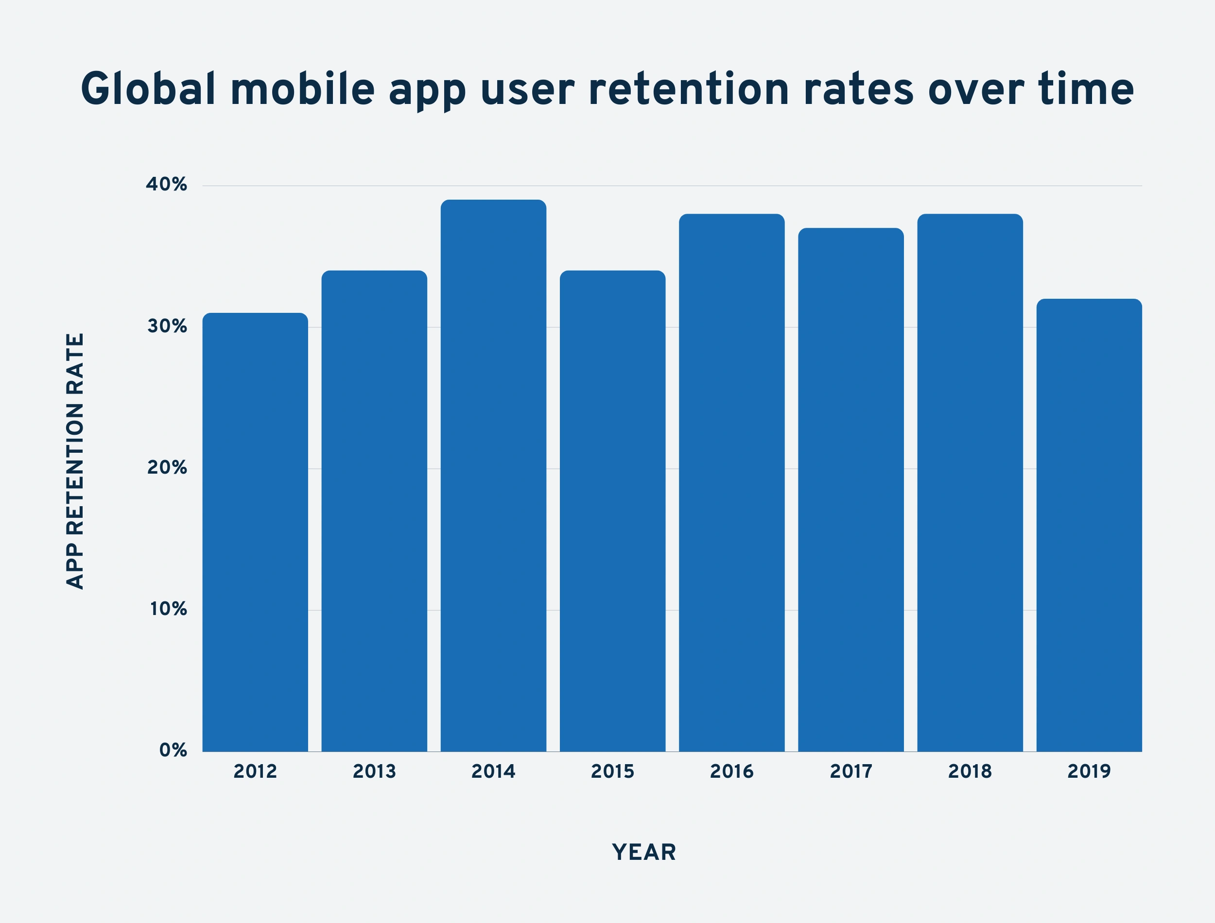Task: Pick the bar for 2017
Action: pos(850,489)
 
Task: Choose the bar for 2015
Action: pos(613,511)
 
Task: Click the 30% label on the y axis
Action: pos(167,326)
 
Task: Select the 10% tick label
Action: pos(168,609)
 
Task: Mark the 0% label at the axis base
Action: pos(173,750)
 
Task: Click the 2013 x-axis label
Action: pos(374,771)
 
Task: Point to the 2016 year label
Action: pos(731,771)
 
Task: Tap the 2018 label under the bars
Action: pos(970,771)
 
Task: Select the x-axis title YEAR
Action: pos(644,852)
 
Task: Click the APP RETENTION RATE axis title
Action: pos(75,461)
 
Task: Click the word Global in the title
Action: pos(148,89)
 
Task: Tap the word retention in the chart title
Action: pos(689,89)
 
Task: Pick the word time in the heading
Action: pos(1086,89)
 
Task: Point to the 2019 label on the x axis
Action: pos(1089,771)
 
